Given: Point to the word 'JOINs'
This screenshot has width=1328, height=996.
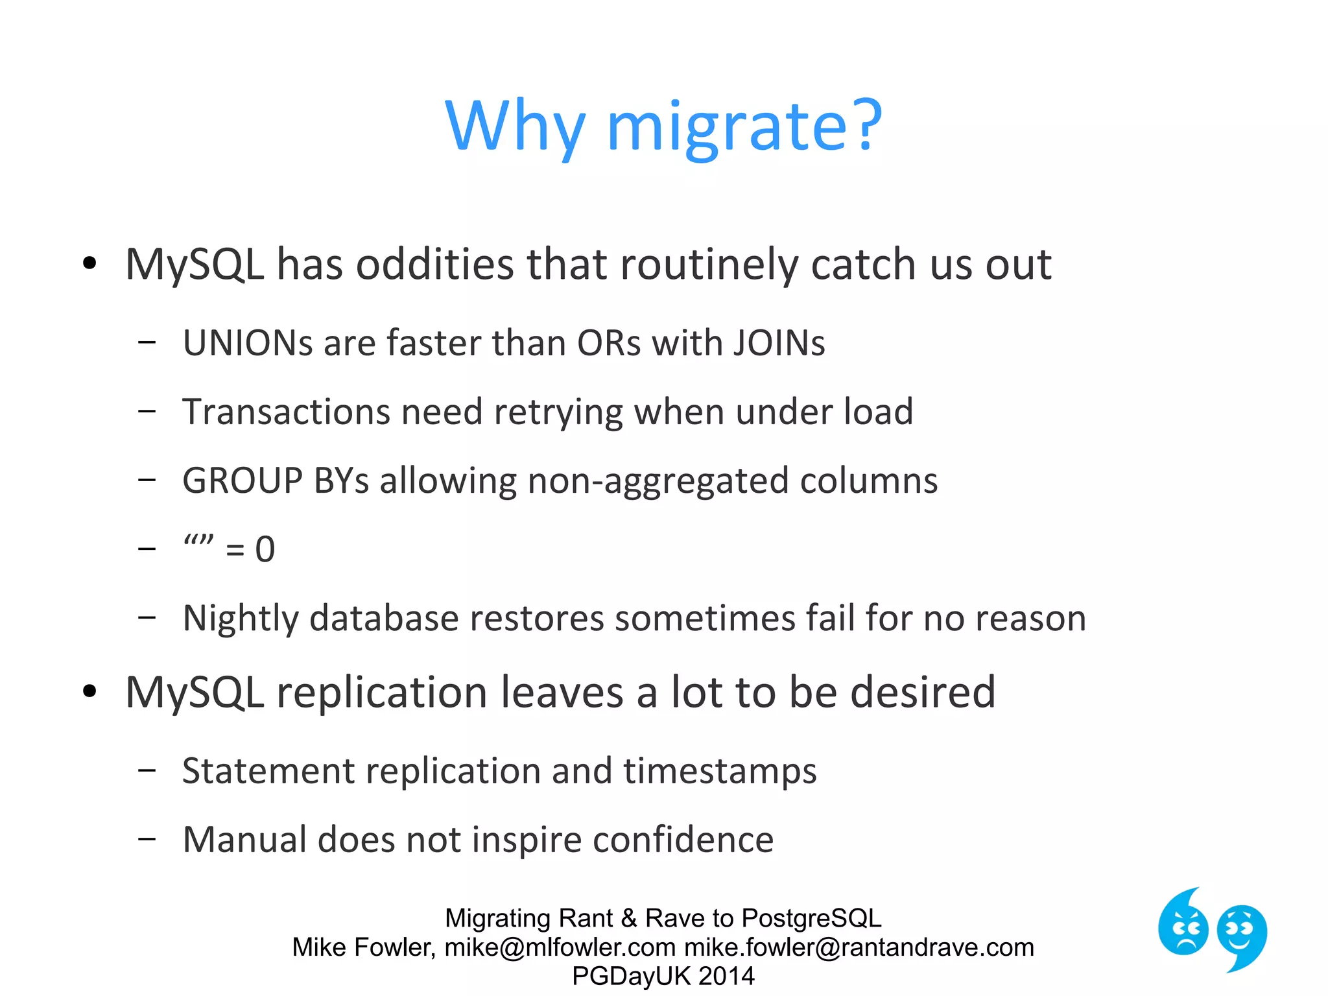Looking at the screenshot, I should (779, 343).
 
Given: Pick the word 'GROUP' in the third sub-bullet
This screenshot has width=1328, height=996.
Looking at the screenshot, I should (243, 481).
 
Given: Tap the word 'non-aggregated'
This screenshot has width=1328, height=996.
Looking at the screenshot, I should (658, 481).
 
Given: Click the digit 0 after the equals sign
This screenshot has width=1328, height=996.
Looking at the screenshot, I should (265, 550).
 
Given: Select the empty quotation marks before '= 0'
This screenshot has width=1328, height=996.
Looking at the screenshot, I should (198, 541).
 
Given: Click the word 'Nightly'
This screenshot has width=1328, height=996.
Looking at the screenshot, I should (240, 619).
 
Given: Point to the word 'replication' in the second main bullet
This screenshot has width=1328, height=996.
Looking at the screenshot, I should (382, 693).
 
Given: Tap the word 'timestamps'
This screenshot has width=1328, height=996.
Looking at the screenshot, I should (720, 772).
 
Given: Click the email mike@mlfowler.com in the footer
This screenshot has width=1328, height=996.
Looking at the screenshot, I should (560, 947).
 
